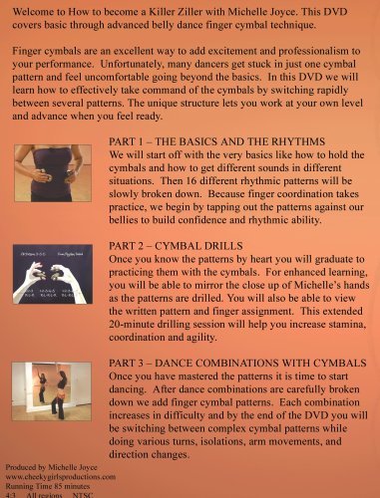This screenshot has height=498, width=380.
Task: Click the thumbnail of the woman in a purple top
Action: click(51, 171)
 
